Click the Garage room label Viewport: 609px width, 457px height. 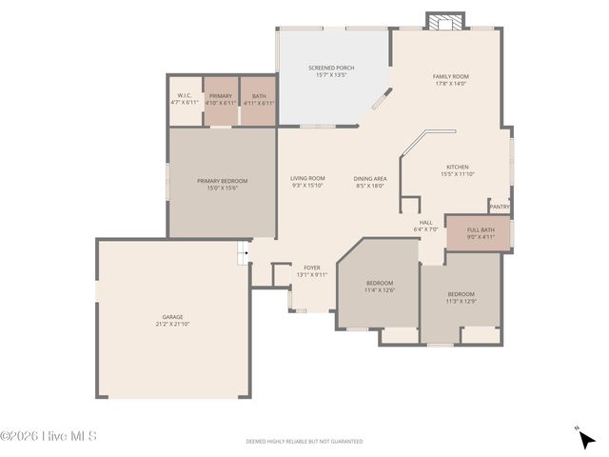(x=172, y=317)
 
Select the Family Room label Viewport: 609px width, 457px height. (x=451, y=76)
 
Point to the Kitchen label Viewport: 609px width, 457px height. (x=458, y=168)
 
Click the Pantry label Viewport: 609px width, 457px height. (x=499, y=207)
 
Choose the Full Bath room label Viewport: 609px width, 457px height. (x=481, y=229)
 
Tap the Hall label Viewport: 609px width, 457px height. (x=425, y=223)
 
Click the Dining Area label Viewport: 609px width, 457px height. (x=369, y=179)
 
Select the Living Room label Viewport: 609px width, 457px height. (x=308, y=179)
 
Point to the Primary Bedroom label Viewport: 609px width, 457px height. (x=222, y=181)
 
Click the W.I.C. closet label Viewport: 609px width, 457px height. (x=184, y=96)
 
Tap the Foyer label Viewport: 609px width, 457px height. (x=311, y=268)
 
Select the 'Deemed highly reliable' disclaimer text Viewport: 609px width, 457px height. (x=304, y=442)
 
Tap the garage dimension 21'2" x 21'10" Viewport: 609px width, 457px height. (x=172, y=325)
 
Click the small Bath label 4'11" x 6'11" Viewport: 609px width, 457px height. (x=259, y=101)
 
